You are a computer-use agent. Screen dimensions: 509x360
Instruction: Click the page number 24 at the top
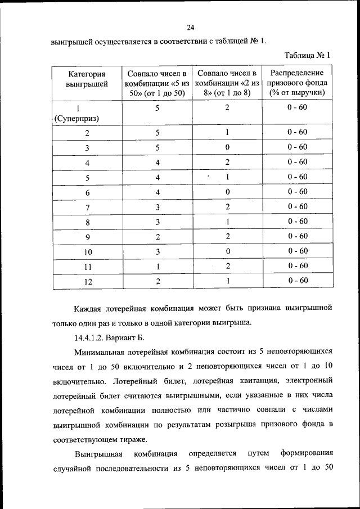[190, 27]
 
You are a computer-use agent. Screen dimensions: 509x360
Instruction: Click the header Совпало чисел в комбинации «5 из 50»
[157, 83]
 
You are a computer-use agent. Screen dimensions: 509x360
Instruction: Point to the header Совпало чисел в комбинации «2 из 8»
[226, 83]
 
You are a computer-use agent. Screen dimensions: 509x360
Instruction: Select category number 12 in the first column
[87, 281]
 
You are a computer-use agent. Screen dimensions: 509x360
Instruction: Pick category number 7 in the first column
[87, 207]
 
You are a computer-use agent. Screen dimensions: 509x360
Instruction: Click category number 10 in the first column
[87, 251]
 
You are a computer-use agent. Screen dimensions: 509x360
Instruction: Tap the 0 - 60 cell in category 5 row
[296, 177]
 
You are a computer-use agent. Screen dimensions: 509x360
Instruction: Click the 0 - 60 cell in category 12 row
[296, 280]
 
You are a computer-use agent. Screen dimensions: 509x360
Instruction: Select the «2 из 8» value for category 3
[227, 147]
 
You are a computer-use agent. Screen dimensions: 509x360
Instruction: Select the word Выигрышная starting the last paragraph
[98, 453]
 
